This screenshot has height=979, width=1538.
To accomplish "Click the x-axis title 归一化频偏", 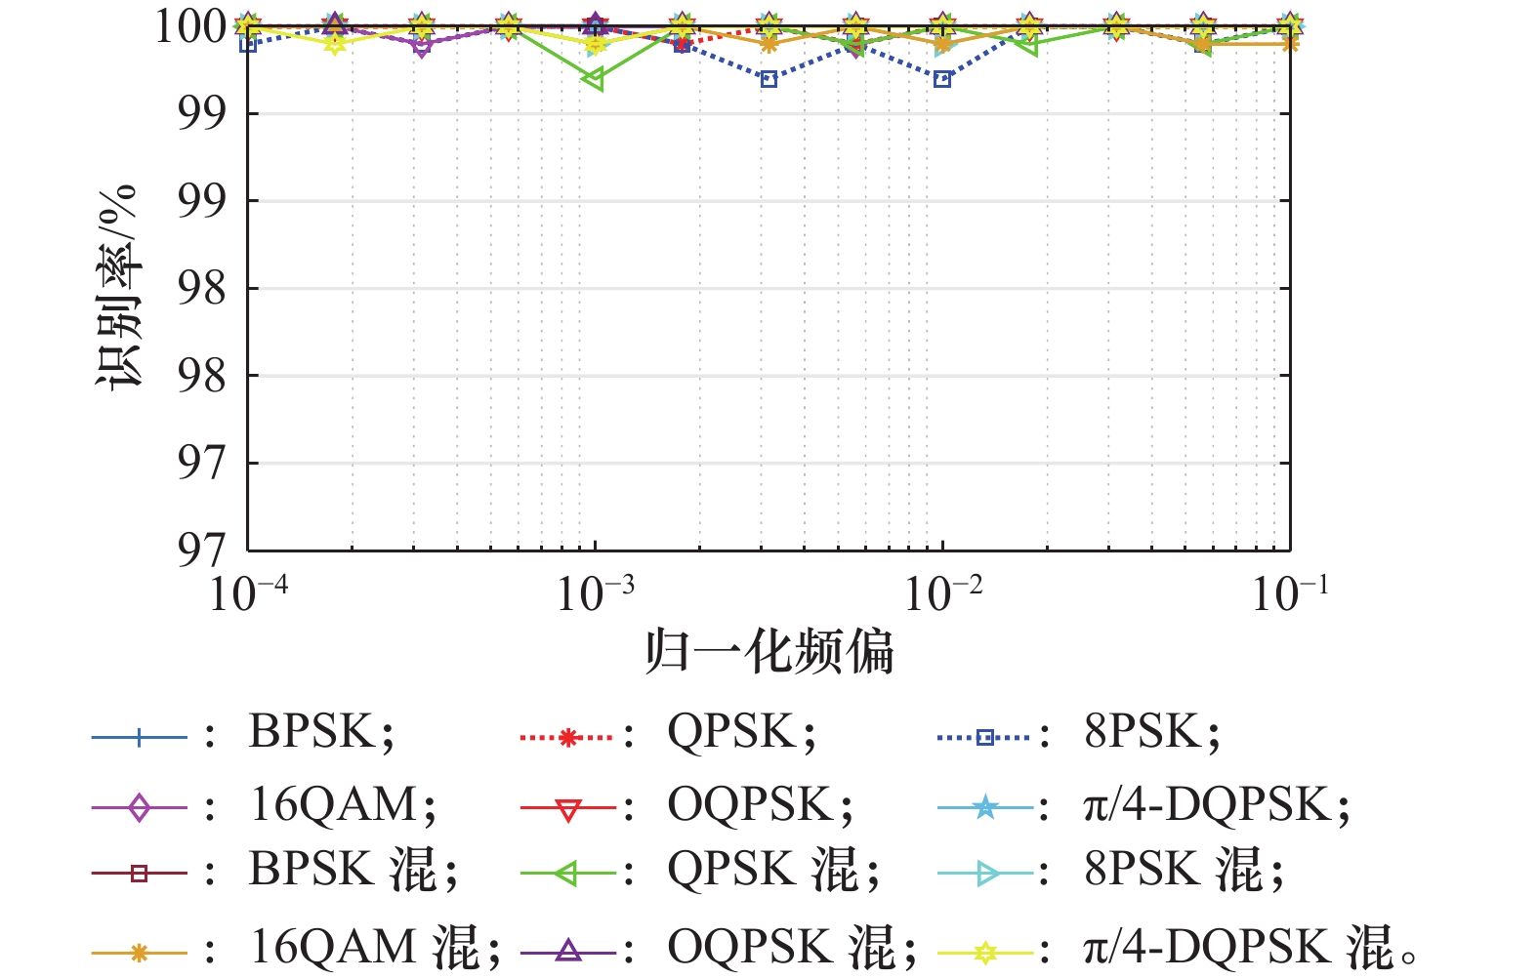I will (769, 652).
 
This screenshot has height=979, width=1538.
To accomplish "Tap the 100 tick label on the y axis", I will (191, 26).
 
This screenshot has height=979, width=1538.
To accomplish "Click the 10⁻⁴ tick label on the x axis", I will (248, 592).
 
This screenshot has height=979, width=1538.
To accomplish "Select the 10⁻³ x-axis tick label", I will (595, 592).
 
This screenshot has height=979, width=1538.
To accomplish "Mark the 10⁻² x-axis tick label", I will (942, 592).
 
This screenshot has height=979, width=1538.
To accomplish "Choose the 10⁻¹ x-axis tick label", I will (1289, 592).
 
